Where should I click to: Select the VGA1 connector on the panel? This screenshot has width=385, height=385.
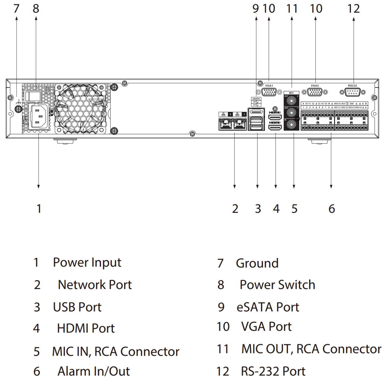269,92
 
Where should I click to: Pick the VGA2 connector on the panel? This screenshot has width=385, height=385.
315,92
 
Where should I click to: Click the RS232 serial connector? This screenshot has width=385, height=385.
353,92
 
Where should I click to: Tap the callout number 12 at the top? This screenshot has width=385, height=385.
353,9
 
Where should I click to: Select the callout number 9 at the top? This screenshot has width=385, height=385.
256,9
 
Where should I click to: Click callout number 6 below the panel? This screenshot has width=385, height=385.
331,209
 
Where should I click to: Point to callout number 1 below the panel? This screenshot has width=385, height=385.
39,209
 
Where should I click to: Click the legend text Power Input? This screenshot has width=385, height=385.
87,263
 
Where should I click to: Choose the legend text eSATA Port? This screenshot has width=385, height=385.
268,307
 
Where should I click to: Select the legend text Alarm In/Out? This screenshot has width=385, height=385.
94,371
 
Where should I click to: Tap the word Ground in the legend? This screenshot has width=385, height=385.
257,263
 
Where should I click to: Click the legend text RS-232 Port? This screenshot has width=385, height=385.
273,371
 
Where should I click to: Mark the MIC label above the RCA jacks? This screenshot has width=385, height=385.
291,93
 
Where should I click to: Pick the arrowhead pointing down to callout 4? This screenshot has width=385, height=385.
276,187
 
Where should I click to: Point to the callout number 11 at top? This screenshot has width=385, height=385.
292,9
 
